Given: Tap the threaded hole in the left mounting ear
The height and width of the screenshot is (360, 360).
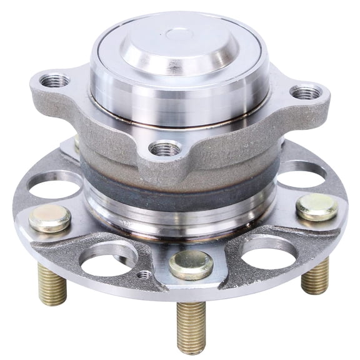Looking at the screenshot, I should click(x=54, y=81).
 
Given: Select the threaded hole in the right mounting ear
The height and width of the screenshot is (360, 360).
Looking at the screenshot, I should click(x=306, y=93).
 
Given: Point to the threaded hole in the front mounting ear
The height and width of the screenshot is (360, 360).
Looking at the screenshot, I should click(x=165, y=149).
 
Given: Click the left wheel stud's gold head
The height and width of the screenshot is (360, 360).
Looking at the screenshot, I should click(x=50, y=218).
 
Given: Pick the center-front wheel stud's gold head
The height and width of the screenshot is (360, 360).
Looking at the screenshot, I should click(x=191, y=264).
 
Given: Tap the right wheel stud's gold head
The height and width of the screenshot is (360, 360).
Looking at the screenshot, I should click(x=316, y=207).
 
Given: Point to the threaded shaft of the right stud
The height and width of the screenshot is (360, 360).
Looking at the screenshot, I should click(x=315, y=276).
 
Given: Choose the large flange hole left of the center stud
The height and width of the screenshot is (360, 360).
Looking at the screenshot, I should click(x=109, y=259).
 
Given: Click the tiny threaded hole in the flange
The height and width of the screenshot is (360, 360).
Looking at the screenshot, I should click(x=145, y=274).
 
